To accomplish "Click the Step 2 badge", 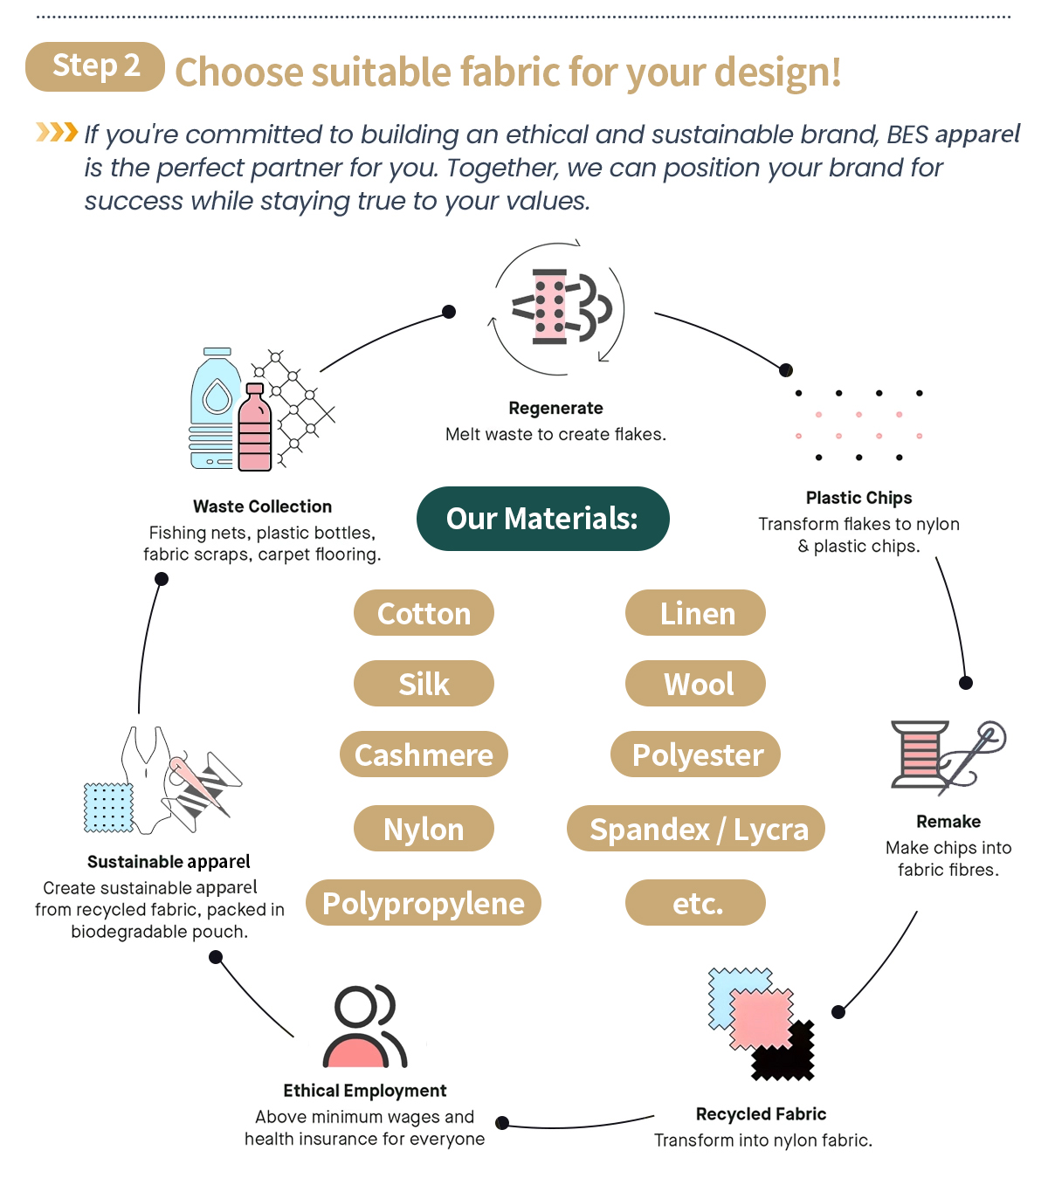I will click(95, 66).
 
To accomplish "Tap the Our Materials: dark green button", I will click(542, 519).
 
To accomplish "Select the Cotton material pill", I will click(424, 613).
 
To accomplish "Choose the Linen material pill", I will click(695, 613).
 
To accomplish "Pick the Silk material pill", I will click(424, 684).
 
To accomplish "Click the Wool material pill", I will click(695, 684).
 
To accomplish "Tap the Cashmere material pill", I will click(424, 754).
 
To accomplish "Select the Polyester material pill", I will click(695, 754).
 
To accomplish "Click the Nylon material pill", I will click(424, 829).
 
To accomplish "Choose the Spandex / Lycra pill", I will click(696, 829).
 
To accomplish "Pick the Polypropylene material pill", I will click(424, 903).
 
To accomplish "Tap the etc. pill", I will click(695, 903).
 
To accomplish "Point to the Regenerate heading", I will click(555, 408).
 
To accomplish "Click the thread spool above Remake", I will click(920, 754).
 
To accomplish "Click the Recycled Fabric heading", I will click(761, 1114).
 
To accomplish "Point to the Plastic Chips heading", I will click(858, 498).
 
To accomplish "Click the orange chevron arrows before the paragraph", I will click(57, 133).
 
